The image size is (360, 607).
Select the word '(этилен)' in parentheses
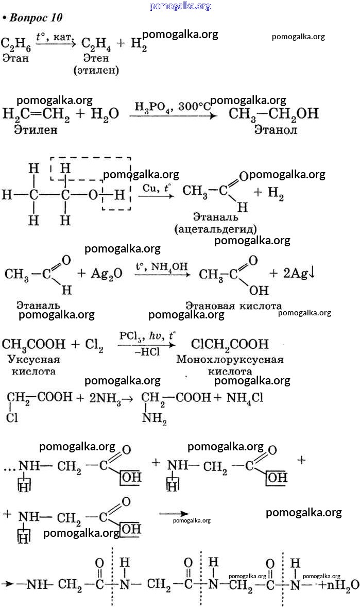coord(96,70)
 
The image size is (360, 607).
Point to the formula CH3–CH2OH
coord(273,113)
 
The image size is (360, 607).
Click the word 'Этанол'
coord(276,130)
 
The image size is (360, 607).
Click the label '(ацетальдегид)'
coord(215,228)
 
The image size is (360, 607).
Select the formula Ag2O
coord(107,274)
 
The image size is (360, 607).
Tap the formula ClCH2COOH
coord(230,344)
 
